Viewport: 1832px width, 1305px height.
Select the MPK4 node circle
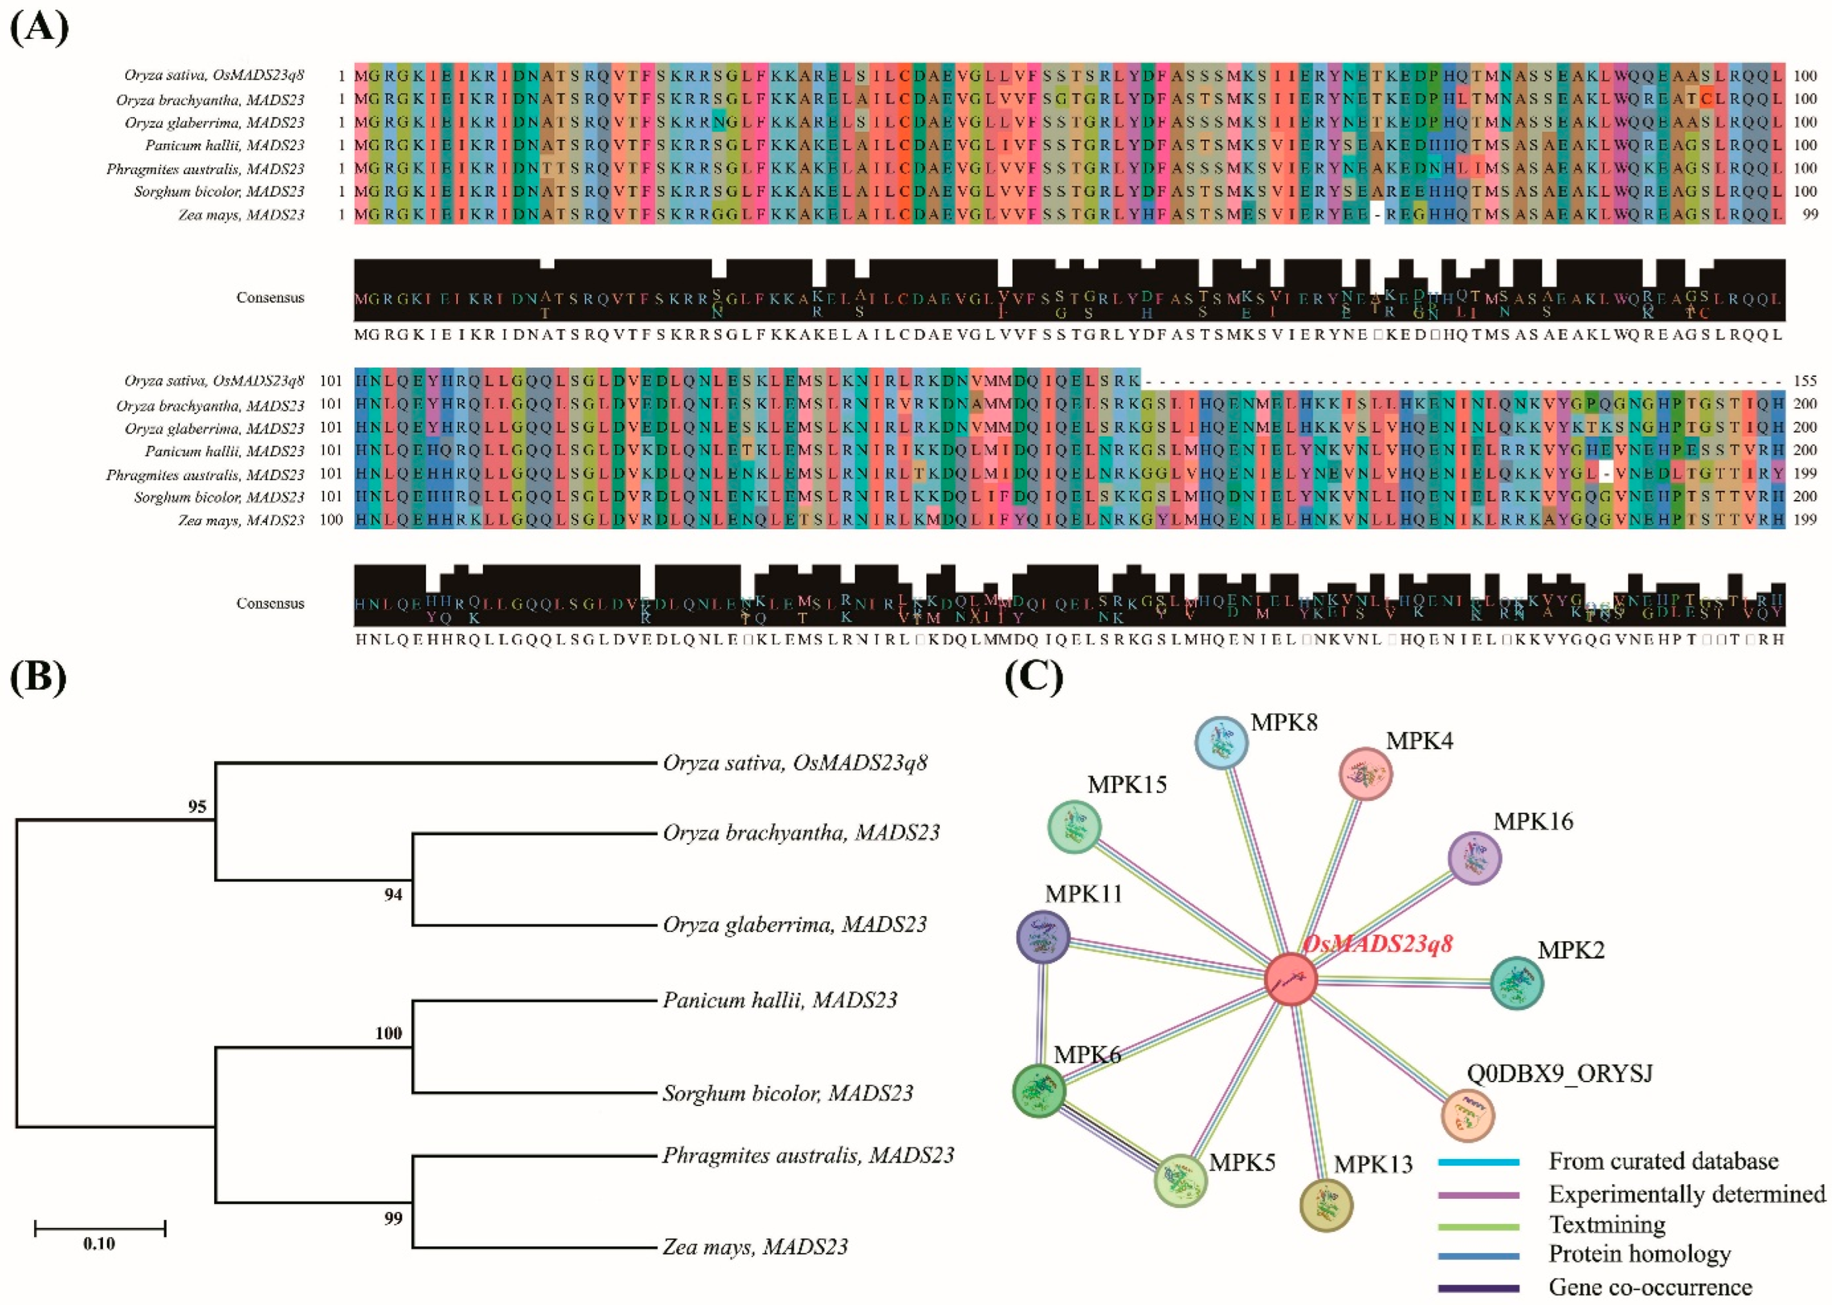1365,774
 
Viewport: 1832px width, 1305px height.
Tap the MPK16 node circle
1474,858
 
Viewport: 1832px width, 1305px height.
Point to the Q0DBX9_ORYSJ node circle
1468,1115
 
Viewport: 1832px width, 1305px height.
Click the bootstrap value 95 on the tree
198,807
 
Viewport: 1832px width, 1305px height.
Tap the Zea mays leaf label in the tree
755,1246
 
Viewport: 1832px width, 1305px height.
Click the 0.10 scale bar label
99,1244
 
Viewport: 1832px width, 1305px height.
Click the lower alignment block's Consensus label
270,604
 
